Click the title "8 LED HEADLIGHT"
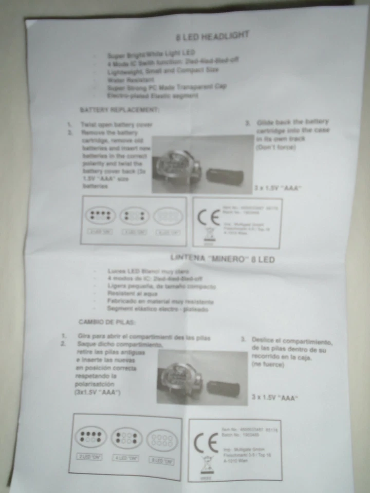(x=212, y=36)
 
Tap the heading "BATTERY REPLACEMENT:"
(x=120, y=110)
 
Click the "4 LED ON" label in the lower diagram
(x=126, y=458)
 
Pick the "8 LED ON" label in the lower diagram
(x=161, y=461)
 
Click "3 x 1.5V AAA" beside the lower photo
(x=275, y=397)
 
